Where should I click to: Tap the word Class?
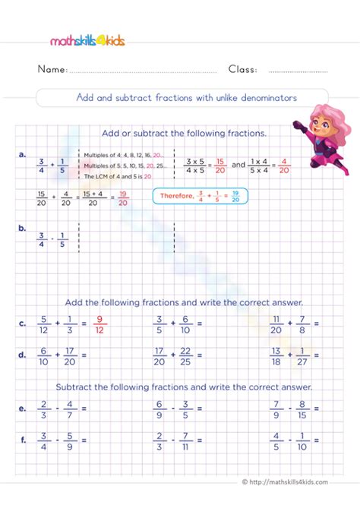click(x=242, y=69)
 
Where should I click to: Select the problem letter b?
click(x=24, y=226)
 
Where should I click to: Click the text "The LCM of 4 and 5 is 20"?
click(x=115, y=175)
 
